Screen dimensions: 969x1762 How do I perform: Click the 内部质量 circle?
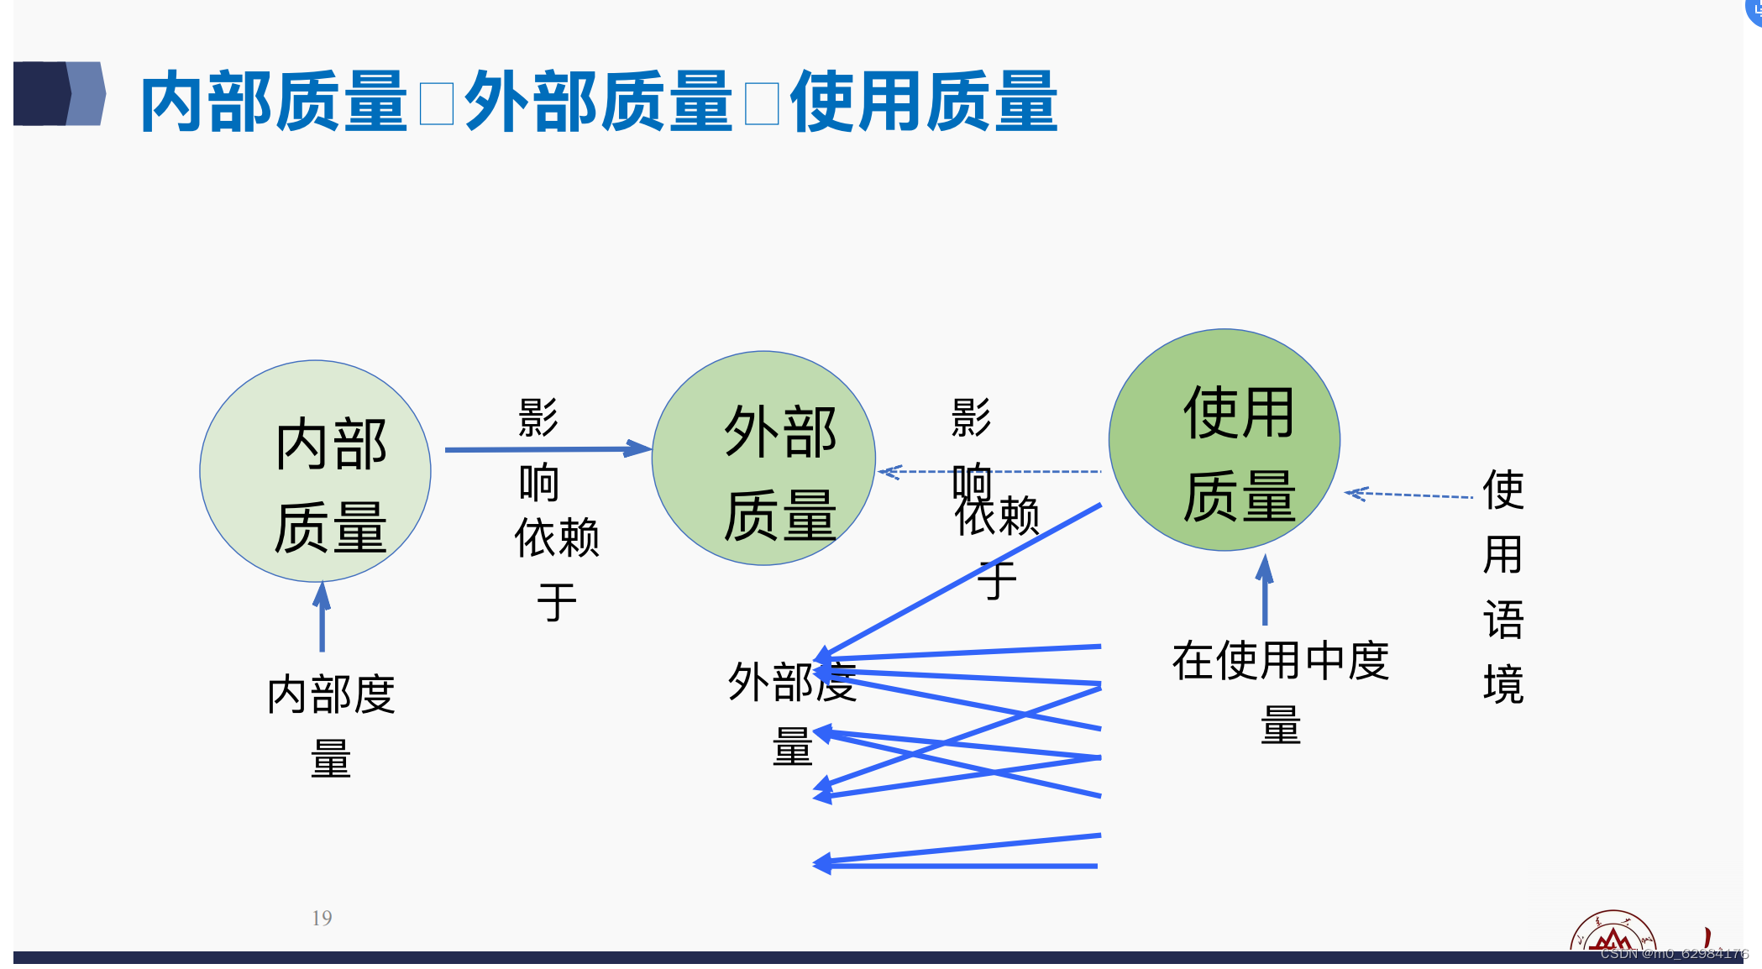pos(315,471)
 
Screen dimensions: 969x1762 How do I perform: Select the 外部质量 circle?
pos(763,458)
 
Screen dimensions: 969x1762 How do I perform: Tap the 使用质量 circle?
pos(1224,440)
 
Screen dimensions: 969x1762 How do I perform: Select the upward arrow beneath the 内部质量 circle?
pos(322,617)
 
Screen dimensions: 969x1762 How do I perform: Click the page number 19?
pos(322,918)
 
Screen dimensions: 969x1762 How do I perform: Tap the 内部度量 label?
pos(331,725)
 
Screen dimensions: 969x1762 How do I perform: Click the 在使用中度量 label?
pos(1280,692)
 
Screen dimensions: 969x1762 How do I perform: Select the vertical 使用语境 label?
pos(1502,586)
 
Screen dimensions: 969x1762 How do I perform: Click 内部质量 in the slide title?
pos(274,102)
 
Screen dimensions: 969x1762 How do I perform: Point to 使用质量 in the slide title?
pos(924,102)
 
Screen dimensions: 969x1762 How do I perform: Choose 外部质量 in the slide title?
pos(599,102)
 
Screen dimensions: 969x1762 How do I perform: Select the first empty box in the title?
pos(437,104)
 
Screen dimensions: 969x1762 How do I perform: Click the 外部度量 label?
pos(792,713)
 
